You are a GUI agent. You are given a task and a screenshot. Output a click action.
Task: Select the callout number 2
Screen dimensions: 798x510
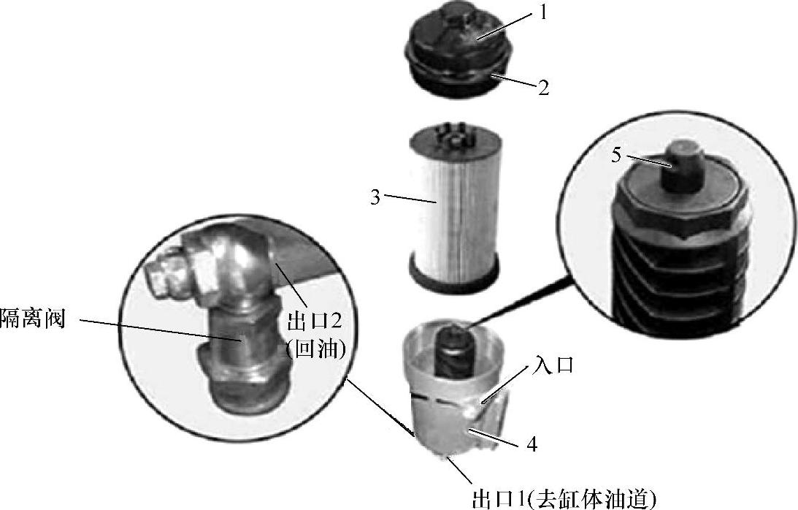click(x=543, y=88)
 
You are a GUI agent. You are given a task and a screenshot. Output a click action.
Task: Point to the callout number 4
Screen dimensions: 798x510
click(x=532, y=445)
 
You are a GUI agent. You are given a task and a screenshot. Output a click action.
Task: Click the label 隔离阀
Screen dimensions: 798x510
click(x=33, y=319)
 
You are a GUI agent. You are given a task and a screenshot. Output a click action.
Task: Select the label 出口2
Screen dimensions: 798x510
click(x=314, y=322)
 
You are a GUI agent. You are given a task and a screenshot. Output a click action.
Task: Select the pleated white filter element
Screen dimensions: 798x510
click(x=453, y=205)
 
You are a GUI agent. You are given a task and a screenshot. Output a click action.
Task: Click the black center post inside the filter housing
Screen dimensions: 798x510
click(x=454, y=351)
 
